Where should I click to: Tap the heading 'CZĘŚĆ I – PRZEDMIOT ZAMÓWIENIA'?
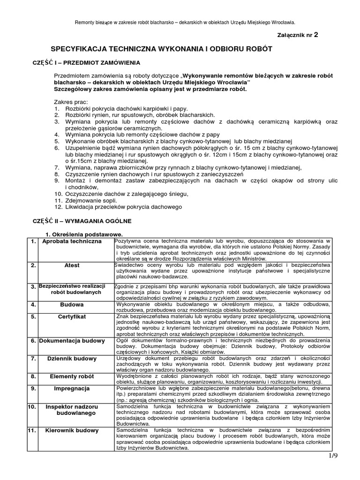pyautogui.click(x=85, y=63)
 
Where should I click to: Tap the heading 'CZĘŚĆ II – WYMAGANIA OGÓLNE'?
pyautogui.click(x=82, y=220)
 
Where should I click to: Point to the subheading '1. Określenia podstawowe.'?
pyautogui.click(x=83, y=234)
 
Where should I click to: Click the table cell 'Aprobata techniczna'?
pyautogui.click(x=72, y=241)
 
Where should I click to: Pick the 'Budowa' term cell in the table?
pyautogui.click(x=72, y=305)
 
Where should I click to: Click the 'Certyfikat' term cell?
pyautogui.click(x=72, y=317)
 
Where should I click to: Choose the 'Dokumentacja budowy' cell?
pyautogui.click(x=72, y=341)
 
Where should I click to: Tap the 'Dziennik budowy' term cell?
pyautogui.click(x=72, y=359)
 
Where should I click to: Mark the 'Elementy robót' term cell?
pyautogui.click(x=72, y=376)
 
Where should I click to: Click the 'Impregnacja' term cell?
pyautogui.click(x=72, y=389)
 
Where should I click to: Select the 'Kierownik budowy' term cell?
pyautogui.click(x=72, y=430)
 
